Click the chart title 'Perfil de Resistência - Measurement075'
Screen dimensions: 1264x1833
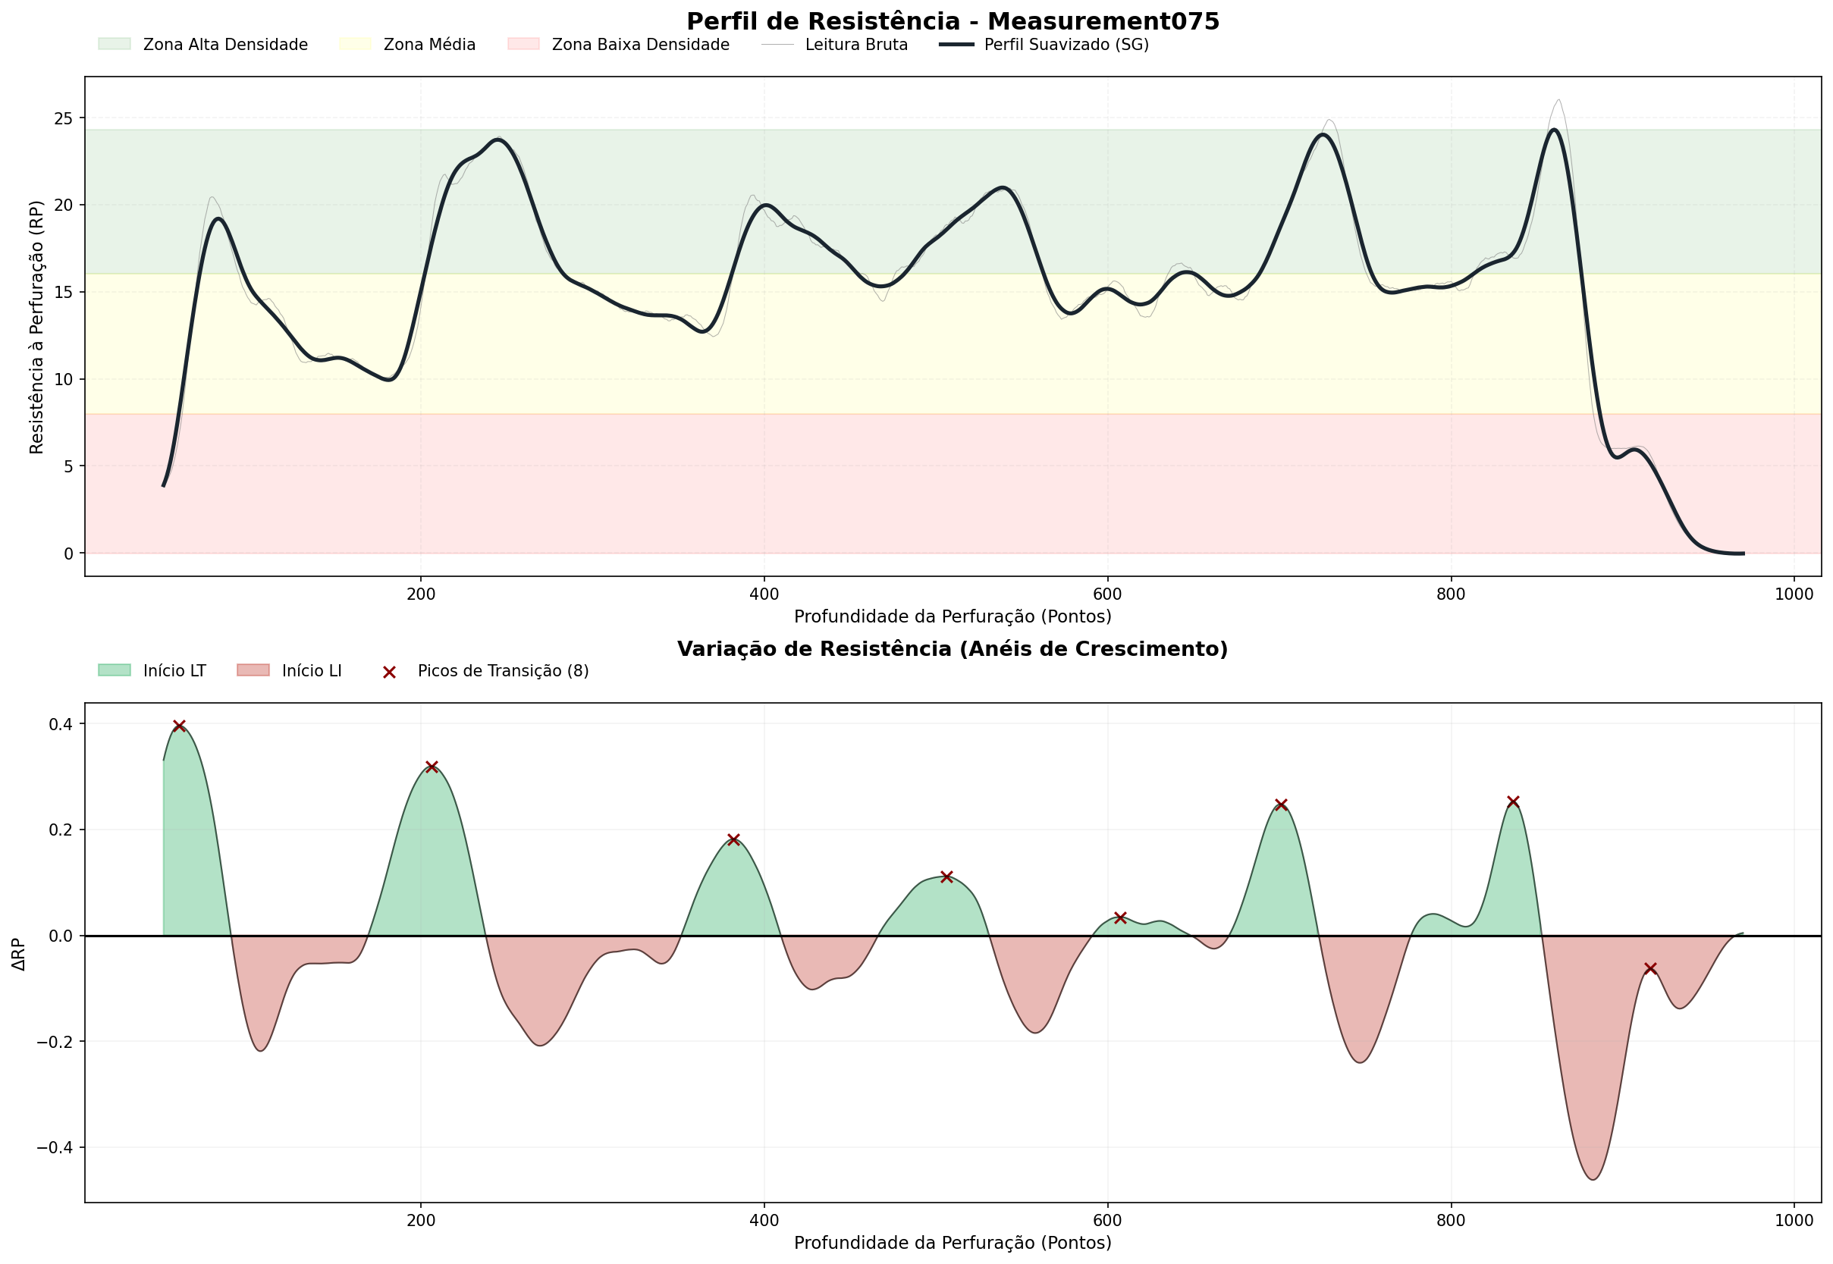(953, 21)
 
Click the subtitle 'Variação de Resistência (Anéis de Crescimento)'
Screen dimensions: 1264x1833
(953, 649)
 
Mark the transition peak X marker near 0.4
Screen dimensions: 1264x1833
(179, 726)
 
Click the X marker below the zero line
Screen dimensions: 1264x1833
(1650, 968)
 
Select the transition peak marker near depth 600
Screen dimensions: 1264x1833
(1120, 918)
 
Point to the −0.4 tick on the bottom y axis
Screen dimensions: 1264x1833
(55, 1147)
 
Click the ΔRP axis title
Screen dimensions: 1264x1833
(19, 955)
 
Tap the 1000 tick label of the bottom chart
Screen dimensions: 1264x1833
(1794, 1221)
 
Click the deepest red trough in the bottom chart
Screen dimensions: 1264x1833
(1593, 1179)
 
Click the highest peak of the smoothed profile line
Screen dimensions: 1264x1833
(1554, 130)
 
